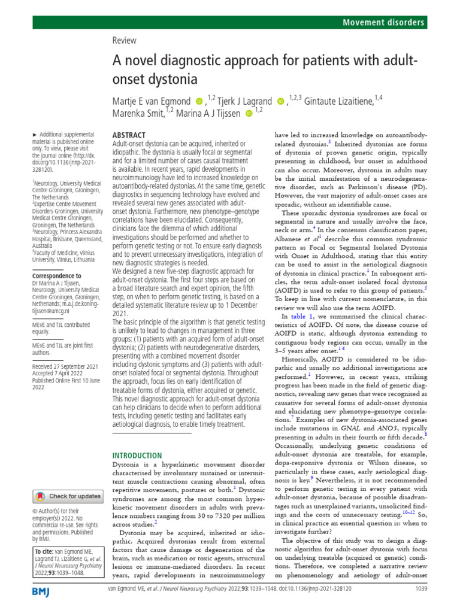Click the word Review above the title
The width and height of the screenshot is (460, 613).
125,41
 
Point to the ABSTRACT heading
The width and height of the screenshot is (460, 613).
129,136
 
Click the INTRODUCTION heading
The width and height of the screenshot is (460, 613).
137,455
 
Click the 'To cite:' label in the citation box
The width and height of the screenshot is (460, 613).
44,550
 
